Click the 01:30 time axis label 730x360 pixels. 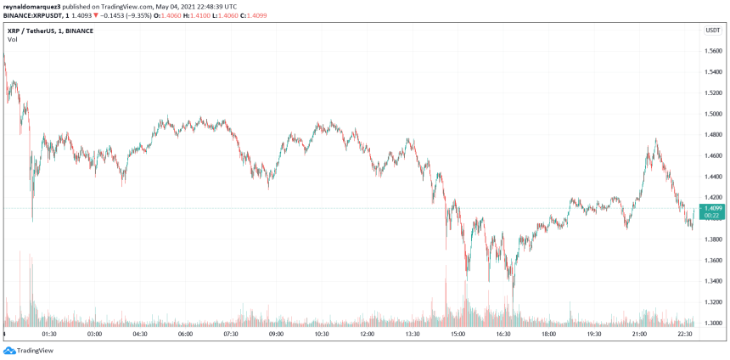pos(49,334)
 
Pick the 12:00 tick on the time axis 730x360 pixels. pos(367,334)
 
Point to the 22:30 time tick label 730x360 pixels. pos(685,334)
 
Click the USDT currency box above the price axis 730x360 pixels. pos(712,31)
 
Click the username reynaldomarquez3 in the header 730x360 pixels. pos(35,6)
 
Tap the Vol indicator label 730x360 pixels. pos(13,39)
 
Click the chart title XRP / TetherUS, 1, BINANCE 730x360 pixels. pos(51,31)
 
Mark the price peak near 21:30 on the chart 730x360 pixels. pos(656,140)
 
